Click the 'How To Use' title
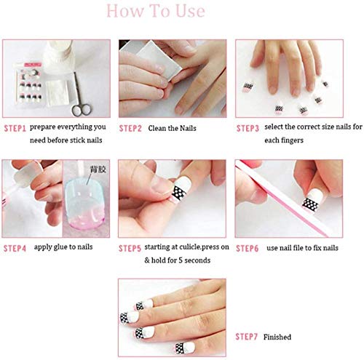click(156, 11)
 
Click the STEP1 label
click(15, 129)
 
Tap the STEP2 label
click(130, 129)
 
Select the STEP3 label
click(248, 129)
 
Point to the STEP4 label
click(15, 249)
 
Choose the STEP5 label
click(130, 249)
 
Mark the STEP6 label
click(248, 249)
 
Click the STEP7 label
click(246, 337)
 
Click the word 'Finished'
click(277, 337)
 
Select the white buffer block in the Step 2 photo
click(151, 60)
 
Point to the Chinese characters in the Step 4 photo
click(98, 169)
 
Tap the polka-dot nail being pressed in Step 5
click(182, 189)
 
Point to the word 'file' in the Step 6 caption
click(298, 247)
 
